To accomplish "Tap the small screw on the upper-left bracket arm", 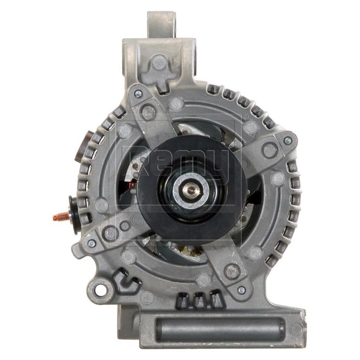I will [138, 92].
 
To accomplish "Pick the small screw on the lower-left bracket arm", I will [90, 243].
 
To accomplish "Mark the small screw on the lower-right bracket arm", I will [241, 290].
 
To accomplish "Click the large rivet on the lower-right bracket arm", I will [231, 269].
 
